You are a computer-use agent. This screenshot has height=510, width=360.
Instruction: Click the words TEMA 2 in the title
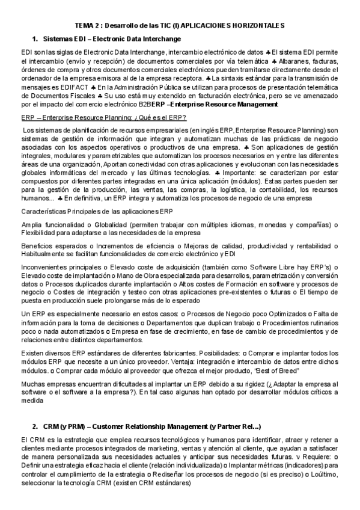click(x=90, y=26)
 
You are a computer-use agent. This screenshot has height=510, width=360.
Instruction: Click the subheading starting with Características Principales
click(x=97, y=212)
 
